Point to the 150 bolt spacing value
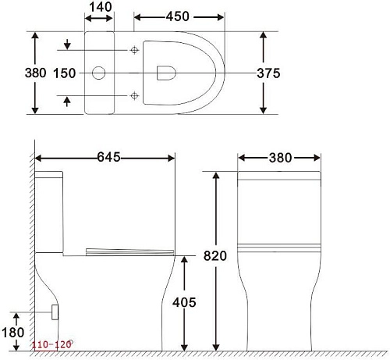point(65,73)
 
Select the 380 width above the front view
point(279,158)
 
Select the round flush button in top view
point(99,73)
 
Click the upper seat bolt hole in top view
point(135,51)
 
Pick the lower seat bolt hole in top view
point(135,95)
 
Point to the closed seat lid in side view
point(129,250)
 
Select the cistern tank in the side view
point(50,211)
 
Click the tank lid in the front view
point(279,176)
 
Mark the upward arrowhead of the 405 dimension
point(183,260)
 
